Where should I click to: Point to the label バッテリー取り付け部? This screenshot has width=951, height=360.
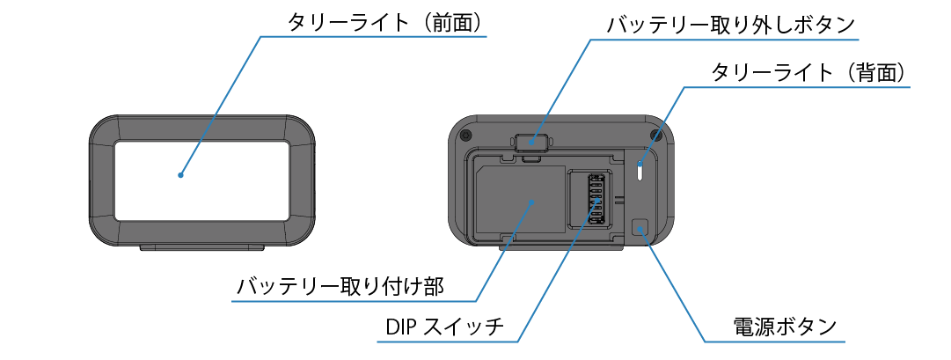(x=340, y=286)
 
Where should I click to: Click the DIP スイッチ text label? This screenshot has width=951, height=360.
(x=444, y=327)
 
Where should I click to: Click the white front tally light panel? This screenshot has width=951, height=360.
(x=201, y=180)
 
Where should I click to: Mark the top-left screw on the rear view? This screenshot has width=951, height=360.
(x=465, y=134)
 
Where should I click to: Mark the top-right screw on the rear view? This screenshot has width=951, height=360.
(x=655, y=134)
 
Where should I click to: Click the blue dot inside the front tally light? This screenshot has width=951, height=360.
(x=180, y=174)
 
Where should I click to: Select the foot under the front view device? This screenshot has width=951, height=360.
(x=201, y=248)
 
